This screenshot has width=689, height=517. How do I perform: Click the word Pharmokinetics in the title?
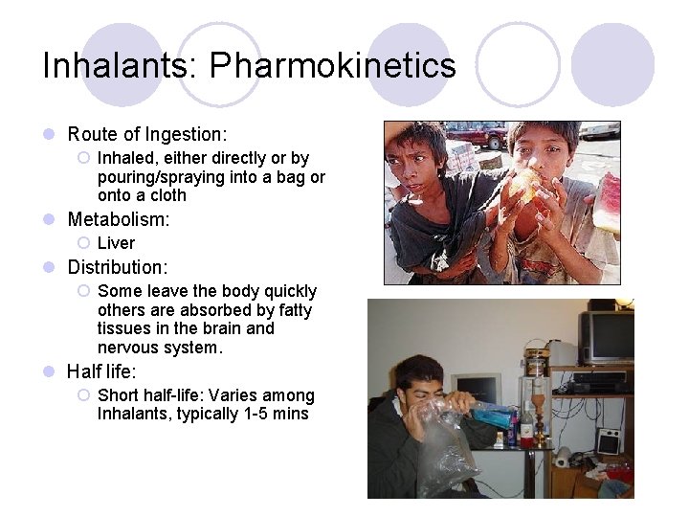333,66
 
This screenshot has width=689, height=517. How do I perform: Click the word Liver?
116,243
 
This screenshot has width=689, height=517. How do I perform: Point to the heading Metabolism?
119,219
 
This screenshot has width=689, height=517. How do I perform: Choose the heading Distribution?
118,267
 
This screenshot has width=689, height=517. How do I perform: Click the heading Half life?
101,371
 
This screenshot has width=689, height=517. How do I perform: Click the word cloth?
166,195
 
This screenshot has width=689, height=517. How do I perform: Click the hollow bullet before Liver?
83,243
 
